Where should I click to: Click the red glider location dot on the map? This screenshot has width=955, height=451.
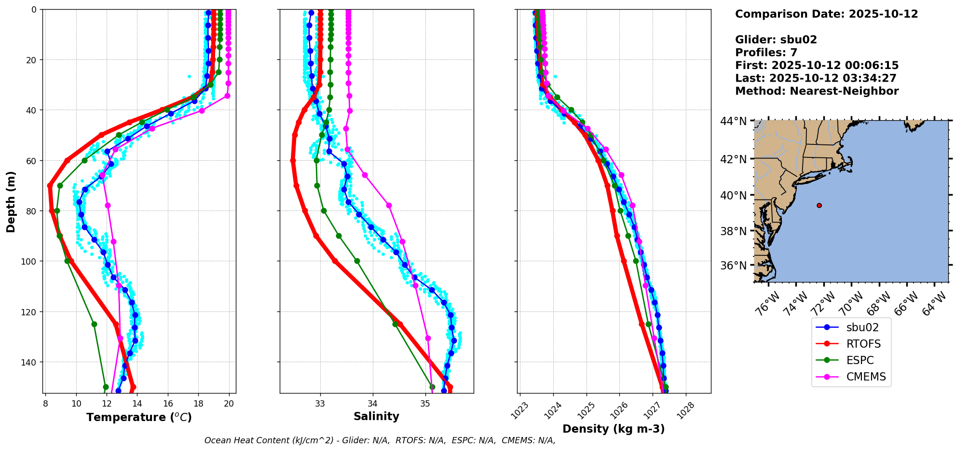click(819, 205)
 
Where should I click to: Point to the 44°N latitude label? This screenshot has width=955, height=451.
click(733, 121)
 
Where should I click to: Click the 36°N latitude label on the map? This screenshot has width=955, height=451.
click(733, 266)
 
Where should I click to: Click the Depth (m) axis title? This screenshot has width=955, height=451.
click(11, 201)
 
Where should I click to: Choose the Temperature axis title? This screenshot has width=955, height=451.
click(139, 417)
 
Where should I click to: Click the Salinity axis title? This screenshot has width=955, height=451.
click(376, 416)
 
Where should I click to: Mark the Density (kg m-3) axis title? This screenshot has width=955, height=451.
click(614, 429)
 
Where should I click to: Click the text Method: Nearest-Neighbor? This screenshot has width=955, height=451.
click(817, 91)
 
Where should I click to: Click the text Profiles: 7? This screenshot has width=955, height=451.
click(766, 53)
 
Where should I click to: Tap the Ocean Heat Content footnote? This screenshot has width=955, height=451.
click(380, 440)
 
